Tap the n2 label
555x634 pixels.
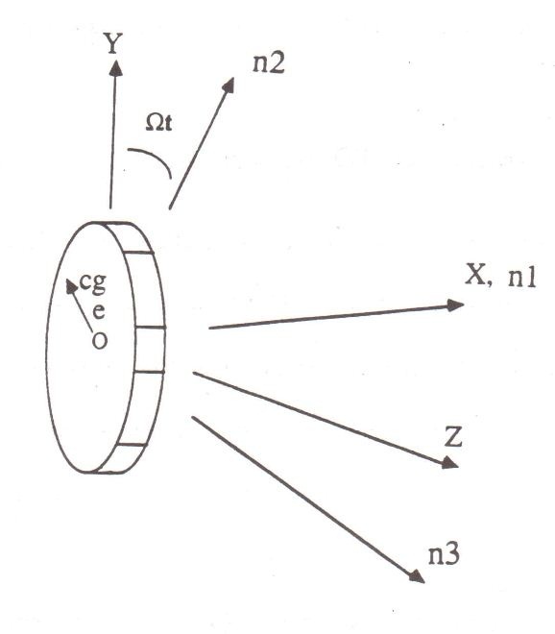pyautogui.click(x=269, y=63)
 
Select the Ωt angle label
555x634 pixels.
pyautogui.click(x=158, y=123)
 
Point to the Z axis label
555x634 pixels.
pyautogui.click(x=452, y=436)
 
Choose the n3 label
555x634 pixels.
pyautogui.click(x=444, y=553)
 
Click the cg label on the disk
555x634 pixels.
pyautogui.click(x=93, y=282)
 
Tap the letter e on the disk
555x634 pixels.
pyautogui.click(x=99, y=311)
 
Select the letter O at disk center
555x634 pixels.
pyautogui.click(x=100, y=340)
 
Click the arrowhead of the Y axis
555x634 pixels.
pyautogui.click(x=116, y=67)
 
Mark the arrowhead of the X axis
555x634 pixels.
pyautogui.click(x=455, y=305)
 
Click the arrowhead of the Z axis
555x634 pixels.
pyautogui.click(x=449, y=463)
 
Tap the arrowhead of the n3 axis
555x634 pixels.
pyautogui.click(x=417, y=576)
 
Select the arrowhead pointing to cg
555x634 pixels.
pyautogui.click(x=71, y=286)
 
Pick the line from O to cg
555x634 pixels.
pyautogui.click(x=81, y=306)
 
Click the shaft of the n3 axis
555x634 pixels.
pyautogui.click(x=308, y=500)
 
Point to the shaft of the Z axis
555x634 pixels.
pyautogui.click(x=326, y=420)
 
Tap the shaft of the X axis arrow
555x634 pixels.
pyautogui.click(x=336, y=316)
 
